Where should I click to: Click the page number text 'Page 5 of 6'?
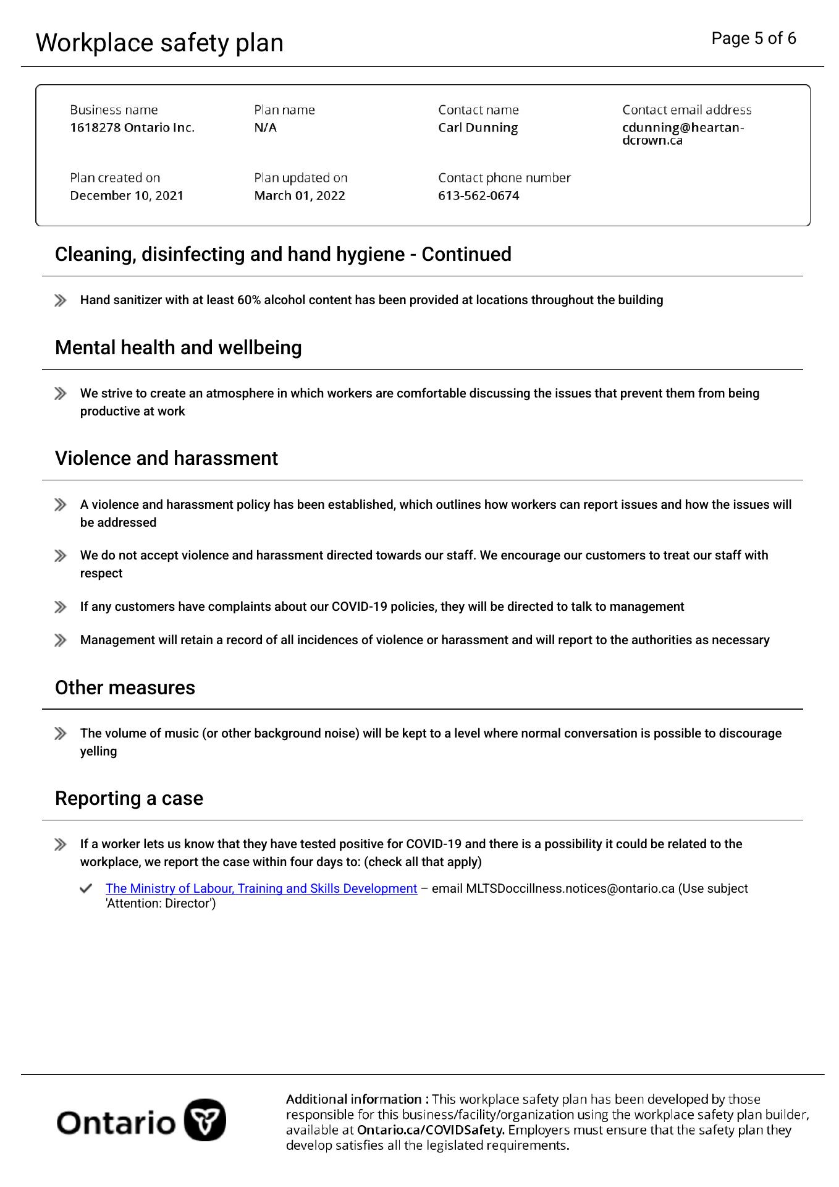click(x=753, y=38)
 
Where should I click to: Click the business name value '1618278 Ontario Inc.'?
click(x=132, y=127)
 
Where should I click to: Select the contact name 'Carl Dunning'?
click(x=478, y=127)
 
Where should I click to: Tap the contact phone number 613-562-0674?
click(x=478, y=195)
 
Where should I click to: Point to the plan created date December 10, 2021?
click(x=127, y=195)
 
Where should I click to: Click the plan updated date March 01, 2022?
click(x=299, y=195)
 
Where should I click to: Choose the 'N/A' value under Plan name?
click(x=265, y=127)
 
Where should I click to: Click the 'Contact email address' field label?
click(x=686, y=110)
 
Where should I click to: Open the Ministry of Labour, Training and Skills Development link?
click(x=261, y=888)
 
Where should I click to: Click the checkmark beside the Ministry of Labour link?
click(x=86, y=888)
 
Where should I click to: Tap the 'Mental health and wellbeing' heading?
click(x=178, y=347)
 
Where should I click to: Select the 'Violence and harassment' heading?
click(x=166, y=458)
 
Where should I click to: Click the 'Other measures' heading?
click(x=125, y=687)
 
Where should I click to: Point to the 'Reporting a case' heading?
click(x=129, y=798)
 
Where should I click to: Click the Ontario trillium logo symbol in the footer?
click(x=205, y=1120)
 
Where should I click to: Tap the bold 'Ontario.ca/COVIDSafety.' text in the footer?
click(x=431, y=1130)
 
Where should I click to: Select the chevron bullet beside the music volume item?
click(x=60, y=734)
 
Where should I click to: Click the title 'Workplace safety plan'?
click(x=159, y=43)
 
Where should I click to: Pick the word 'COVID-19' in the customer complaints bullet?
click(x=359, y=606)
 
